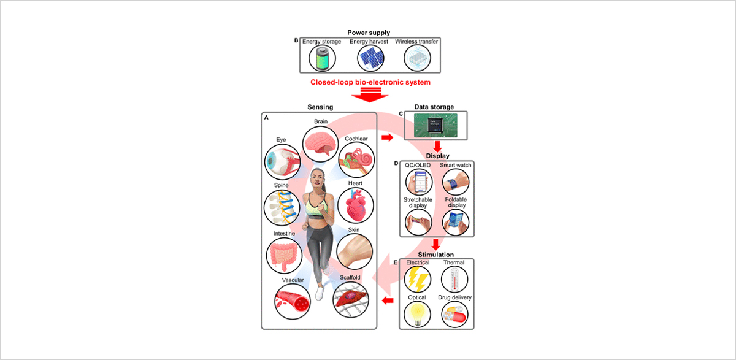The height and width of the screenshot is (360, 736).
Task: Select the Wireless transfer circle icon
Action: [418, 60]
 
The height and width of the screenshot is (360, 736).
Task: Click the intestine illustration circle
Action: [284, 256]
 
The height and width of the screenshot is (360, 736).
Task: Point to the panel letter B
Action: [296, 40]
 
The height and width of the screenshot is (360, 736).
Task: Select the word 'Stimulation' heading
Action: [436, 254]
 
